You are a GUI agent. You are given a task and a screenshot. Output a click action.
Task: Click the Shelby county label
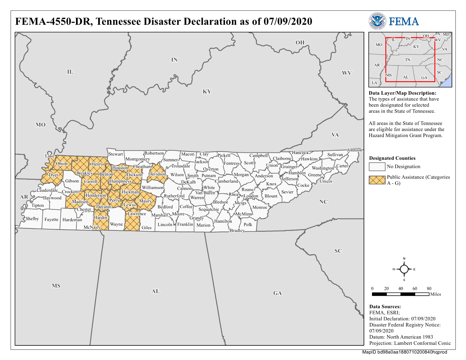32,219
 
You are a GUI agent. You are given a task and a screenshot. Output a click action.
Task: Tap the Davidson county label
157,174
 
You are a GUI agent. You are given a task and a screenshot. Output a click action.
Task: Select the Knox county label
271,184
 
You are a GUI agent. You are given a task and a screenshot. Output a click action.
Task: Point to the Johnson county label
354,150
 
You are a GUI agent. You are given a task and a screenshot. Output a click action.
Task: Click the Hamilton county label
223,221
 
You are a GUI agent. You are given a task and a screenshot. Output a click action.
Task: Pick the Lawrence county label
136,214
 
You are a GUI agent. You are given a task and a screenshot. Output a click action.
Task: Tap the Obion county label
62,164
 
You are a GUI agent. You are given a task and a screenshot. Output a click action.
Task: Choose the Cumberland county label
226,181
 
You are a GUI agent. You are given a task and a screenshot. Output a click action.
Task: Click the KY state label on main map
207,91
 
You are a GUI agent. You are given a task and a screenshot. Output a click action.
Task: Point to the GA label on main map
277,293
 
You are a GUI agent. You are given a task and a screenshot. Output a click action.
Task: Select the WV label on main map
347,73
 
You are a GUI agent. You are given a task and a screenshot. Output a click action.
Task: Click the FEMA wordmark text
404,21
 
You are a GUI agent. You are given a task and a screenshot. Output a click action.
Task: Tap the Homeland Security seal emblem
377,21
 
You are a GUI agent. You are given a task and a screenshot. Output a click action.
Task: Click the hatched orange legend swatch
377,180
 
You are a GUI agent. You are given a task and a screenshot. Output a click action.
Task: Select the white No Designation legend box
377,167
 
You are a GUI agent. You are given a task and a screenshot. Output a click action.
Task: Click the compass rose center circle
404,269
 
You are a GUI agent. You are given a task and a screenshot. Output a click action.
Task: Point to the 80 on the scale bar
429,288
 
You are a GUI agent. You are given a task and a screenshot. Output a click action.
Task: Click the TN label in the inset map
408,60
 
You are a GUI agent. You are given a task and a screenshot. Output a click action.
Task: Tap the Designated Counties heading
392,158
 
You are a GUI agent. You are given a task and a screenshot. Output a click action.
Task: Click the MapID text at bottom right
404,352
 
